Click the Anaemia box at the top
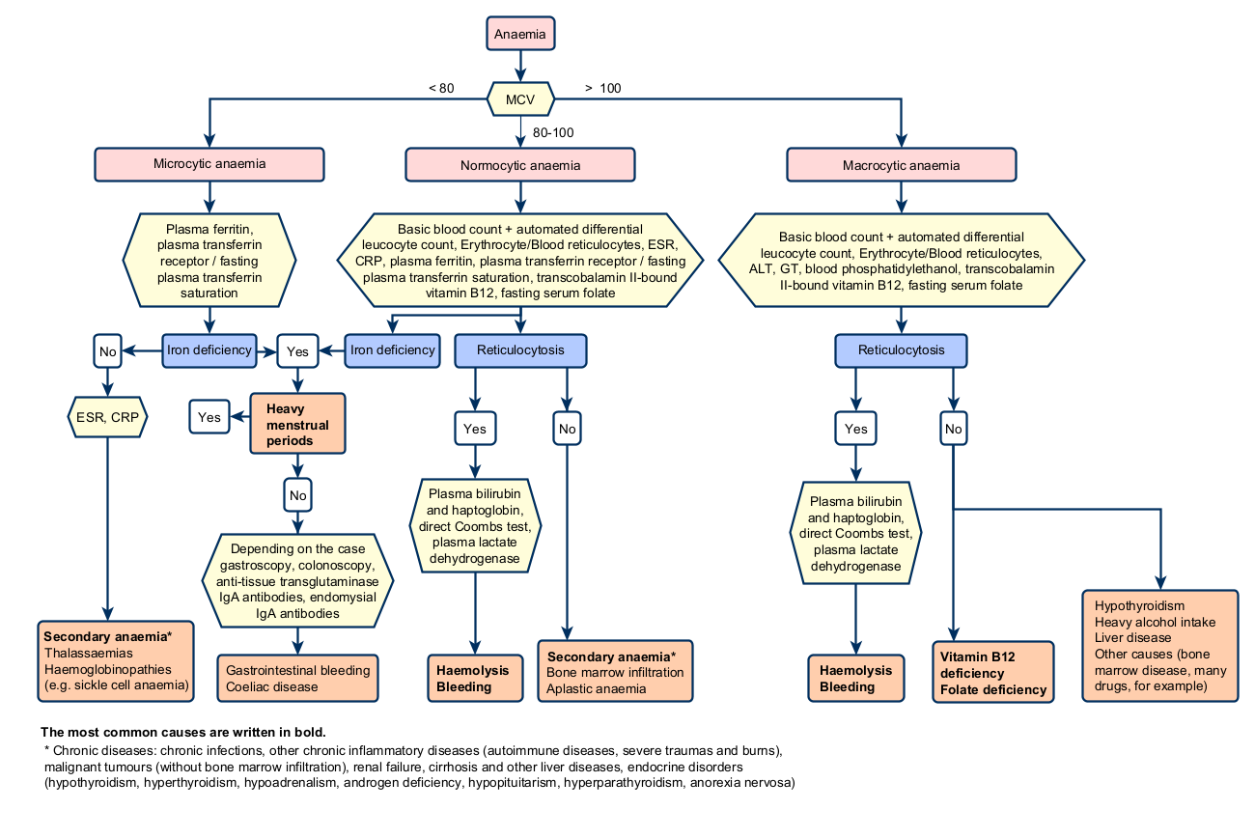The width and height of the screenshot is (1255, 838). tap(520, 34)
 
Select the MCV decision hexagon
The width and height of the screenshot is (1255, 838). tap(520, 99)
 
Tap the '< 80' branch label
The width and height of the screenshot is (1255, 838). tap(441, 89)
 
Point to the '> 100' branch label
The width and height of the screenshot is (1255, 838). tap(602, 89)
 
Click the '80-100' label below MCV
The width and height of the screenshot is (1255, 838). tap(553, 133)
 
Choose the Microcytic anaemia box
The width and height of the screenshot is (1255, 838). tap(209, 164)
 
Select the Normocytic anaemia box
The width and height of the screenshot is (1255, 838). tap(520, 165)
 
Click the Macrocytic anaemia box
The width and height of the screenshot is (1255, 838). tap(902, 165)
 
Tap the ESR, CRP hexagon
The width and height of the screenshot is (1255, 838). tap(107, 417)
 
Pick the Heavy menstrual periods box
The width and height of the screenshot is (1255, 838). tap(297, 424)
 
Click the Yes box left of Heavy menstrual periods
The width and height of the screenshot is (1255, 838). tap(209, 417)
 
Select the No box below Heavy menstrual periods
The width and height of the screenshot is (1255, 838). tap(298, 495)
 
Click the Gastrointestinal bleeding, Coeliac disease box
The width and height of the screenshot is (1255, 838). tap(298, 679)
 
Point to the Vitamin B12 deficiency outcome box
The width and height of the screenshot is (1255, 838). tap(993, 672)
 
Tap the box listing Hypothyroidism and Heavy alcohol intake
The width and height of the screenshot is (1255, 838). tap(1160, 646)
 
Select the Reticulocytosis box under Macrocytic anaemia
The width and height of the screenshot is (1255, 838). tap(902, 350)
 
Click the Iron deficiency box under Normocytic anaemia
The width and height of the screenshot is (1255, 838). tap(393, 350)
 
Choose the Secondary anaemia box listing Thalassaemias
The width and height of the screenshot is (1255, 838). tap(116, 661)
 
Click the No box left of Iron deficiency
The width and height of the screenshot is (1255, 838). tap(107, 351)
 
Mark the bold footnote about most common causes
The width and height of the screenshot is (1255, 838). tap(183, 732)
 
